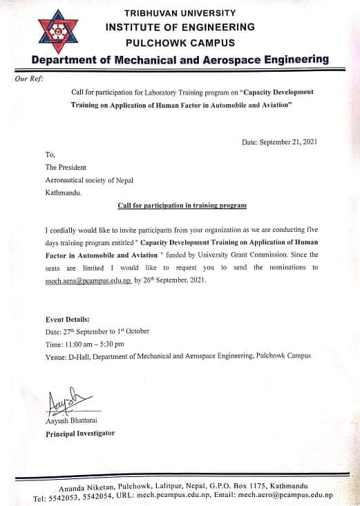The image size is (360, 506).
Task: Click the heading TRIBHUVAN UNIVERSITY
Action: [x=180, y=13]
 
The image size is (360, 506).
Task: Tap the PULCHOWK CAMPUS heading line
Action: [x=180, y=42]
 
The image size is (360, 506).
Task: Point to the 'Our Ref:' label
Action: [x=28, y=79]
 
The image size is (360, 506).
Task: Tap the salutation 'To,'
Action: [x=50, y=155]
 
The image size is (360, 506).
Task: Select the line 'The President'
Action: [x=68, y=168]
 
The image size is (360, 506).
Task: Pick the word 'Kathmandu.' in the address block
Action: [x=63, y=193]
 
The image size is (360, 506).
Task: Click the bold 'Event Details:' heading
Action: [x=67, y=320]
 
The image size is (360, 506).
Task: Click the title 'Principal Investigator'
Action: [x=79, y=434]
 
